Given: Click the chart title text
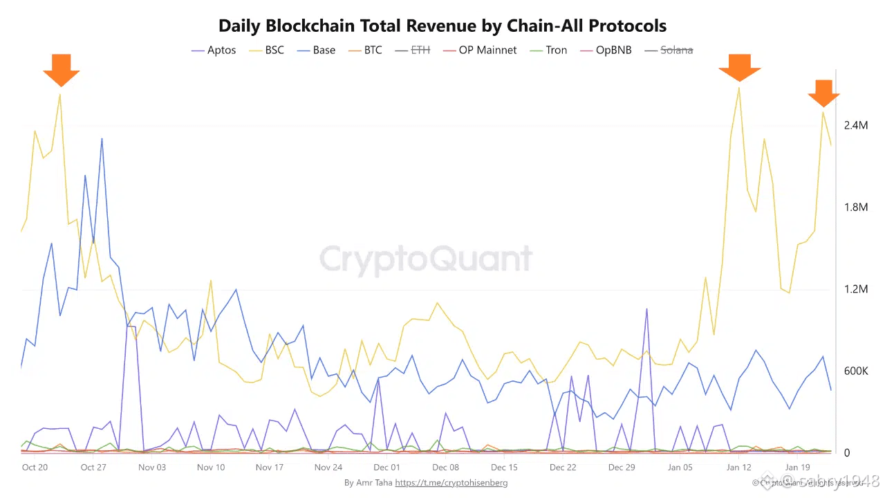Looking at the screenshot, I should [442, 26].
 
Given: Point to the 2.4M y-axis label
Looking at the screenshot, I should [856, 125].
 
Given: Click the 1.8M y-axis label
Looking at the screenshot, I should [856, 207].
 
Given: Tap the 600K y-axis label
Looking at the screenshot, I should [856, 371].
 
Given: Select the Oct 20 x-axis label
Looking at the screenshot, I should [35, 468].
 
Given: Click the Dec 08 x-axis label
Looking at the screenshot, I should [446, 468].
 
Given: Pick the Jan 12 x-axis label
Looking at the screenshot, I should [739, 468].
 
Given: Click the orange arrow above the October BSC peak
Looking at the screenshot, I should [61, 68].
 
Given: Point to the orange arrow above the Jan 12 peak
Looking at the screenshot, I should [739, 68].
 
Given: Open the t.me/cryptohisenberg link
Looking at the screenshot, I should [451, 483].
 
